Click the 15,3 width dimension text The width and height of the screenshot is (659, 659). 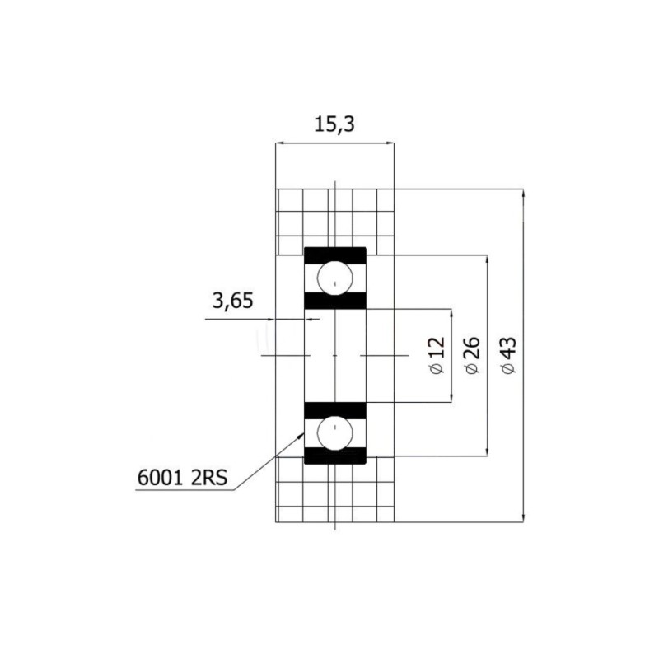click(x=335, y=124)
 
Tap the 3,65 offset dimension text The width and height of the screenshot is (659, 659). click(x=233, y=301)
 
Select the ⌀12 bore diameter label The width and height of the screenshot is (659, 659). click(x=437, y=356)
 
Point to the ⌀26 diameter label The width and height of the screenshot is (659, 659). click(x=473, y=355)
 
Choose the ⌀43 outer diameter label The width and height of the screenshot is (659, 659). click(x=508, y=356)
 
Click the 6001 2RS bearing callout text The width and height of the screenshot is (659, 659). click(x=182, y=478)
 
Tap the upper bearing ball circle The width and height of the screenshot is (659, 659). click(x=335, y=278)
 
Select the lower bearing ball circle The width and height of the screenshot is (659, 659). click(x=335, y=433)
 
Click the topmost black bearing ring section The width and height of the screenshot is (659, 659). click(x=335, y=255)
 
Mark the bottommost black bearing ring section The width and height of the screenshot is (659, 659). click(x=335, y=456)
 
